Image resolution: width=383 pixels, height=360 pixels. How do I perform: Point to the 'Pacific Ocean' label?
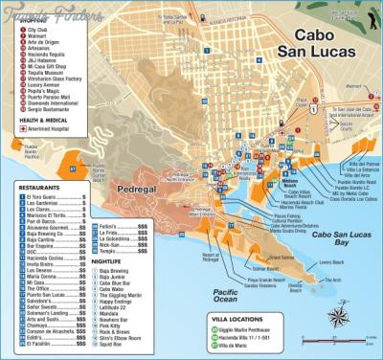pos(228,292)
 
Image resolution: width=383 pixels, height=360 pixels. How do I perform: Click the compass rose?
pos(339,313)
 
